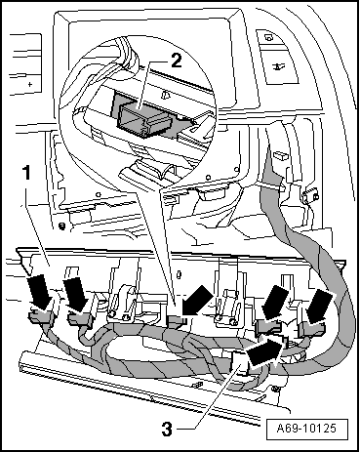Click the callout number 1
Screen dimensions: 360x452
click(26, 173)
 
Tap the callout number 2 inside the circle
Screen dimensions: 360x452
click(176, 61)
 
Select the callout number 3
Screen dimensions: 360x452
click(167, 430)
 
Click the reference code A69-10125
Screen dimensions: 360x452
click(306, 428)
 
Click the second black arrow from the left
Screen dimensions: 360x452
click(75, 293)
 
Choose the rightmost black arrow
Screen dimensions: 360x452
click(321, 305)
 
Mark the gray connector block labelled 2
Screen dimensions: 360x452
click(143, 117)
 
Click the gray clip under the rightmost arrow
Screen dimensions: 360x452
click(312, 328)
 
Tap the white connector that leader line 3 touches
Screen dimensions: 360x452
click(240, 363)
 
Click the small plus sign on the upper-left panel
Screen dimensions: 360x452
click(30, 85)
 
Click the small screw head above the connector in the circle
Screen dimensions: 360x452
click(166, 95)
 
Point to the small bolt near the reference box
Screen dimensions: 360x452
click(276, 389)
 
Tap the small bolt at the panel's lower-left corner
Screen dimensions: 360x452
click(60, 226)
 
